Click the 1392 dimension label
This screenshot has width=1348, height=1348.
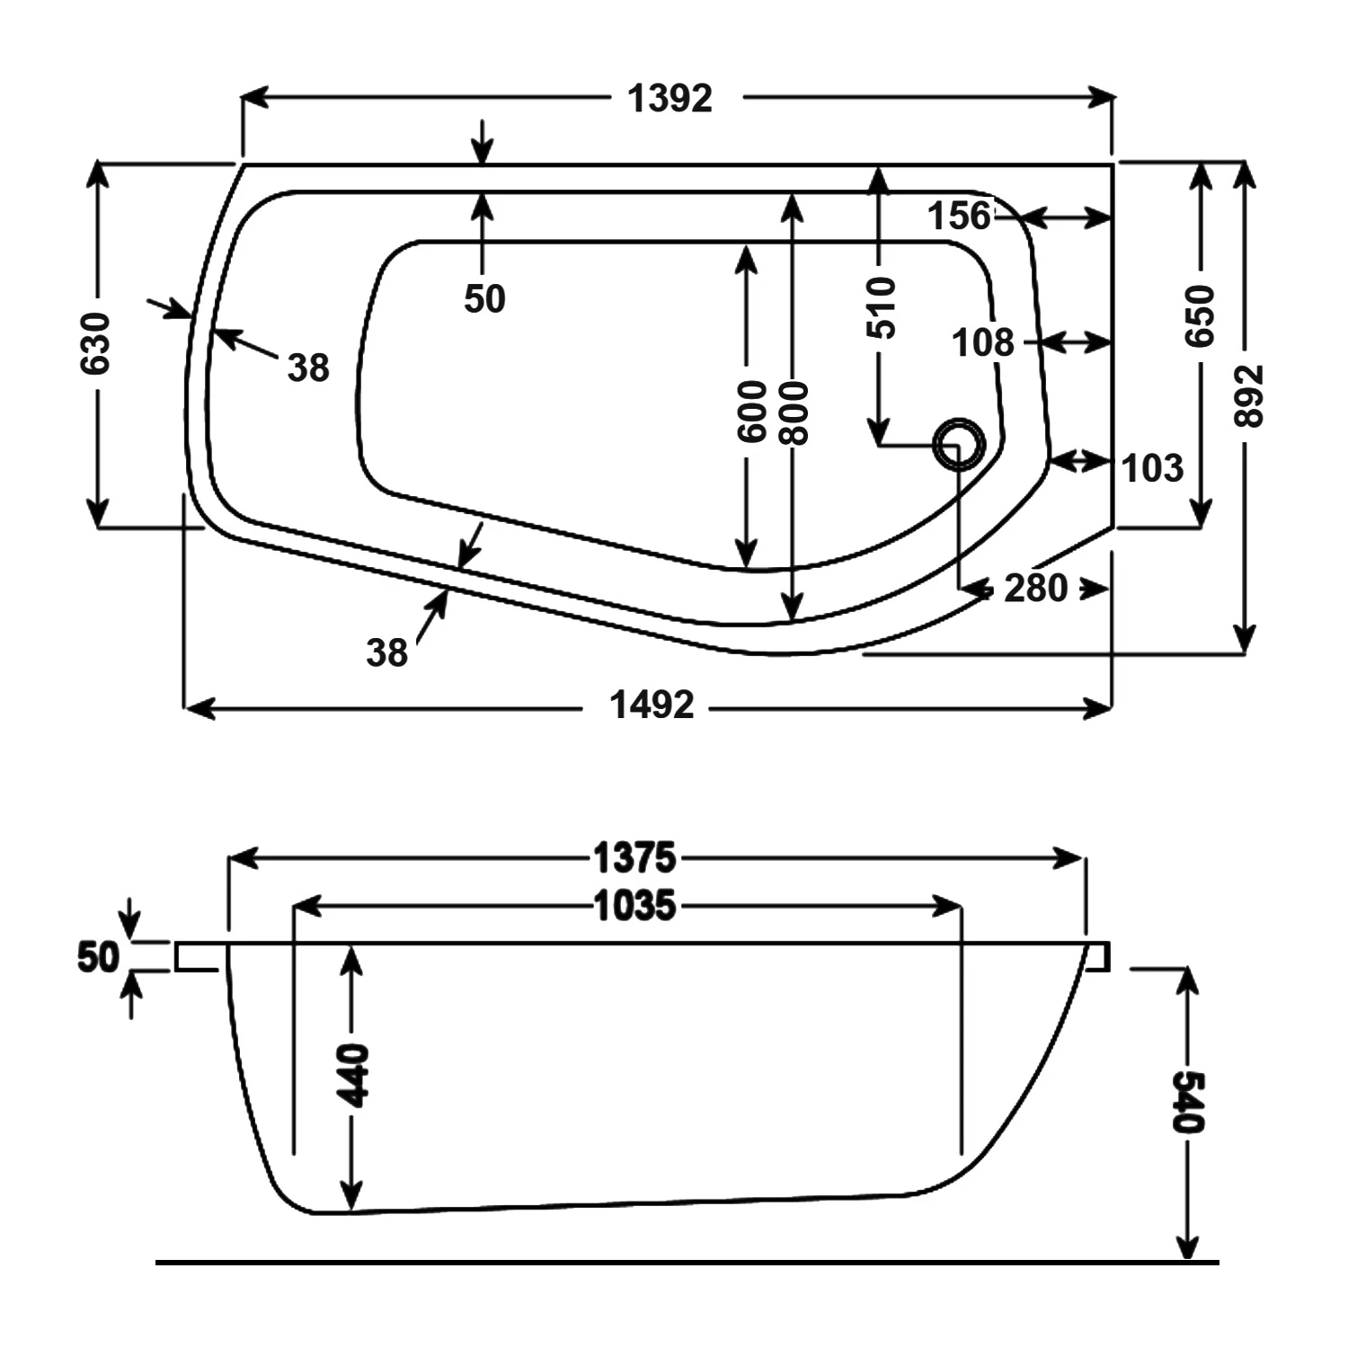(670, 98)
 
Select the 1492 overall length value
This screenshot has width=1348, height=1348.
(652, 705)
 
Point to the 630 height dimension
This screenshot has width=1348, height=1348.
(96, 343)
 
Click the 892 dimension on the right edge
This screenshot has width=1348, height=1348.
(1250, 395)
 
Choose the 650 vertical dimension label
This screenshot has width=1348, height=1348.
(1200, 316)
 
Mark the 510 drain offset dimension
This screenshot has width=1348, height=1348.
(882, 308)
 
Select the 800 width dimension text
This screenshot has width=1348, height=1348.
(794, 412)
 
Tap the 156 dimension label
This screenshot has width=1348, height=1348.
(959, 217)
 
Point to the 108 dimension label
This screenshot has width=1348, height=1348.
(982, 342)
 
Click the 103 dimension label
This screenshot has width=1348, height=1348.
(1153, 468)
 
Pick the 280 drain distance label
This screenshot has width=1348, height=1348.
(1035, 589)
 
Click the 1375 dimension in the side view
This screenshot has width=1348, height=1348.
(634, 858)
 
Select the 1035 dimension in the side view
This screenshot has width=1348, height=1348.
(634, 906)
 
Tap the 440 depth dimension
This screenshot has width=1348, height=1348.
(352, 1076)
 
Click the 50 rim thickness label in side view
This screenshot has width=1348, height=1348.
(98, 958)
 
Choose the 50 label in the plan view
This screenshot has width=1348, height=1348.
(484, 299)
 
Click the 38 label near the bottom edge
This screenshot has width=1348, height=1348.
(386, 653)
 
